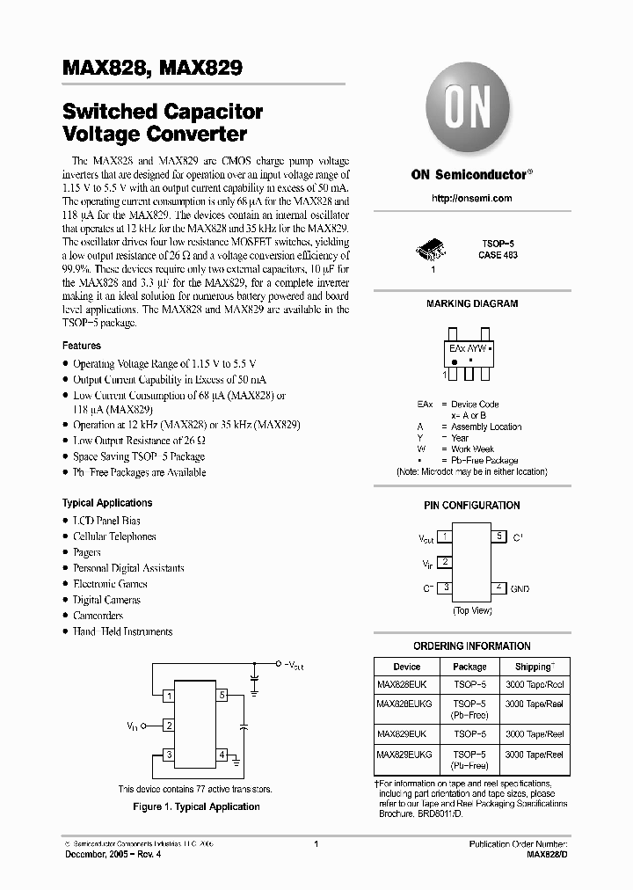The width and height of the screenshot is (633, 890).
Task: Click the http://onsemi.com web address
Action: [471, 198]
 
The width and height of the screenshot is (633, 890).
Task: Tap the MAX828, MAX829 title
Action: [152, 67]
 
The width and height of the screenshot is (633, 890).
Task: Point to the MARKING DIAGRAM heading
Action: [471, 303]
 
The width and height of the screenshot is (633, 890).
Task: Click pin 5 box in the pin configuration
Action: [498, 536]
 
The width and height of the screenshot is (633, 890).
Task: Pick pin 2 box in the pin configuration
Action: [446, 562]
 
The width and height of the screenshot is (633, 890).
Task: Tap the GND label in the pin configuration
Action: [520, 588]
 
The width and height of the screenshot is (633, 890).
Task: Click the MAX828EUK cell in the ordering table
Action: [402, 684]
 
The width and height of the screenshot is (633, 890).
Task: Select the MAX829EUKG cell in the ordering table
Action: [404, 754]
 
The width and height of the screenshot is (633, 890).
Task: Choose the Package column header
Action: [469, 667]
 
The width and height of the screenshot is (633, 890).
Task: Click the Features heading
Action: [81, 346]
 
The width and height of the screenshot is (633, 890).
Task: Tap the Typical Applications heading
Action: [107, 503]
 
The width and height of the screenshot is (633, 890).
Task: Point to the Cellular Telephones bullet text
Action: [114, 536]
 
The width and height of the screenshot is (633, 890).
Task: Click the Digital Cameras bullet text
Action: [106, 600]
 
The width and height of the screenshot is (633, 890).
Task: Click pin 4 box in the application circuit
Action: [222, 755]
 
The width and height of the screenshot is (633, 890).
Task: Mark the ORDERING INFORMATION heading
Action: [471, 646]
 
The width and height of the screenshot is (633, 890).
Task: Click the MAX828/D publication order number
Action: [547, 854]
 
